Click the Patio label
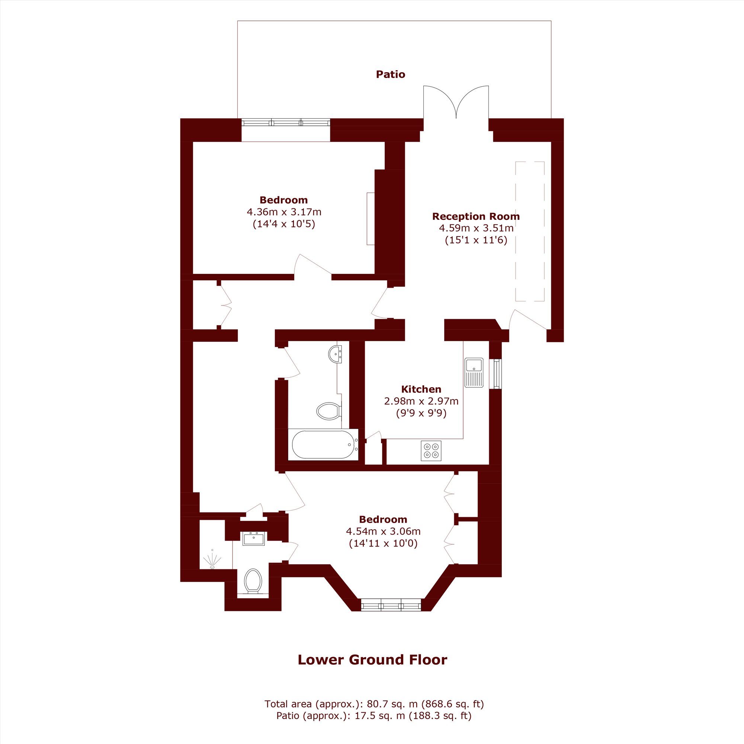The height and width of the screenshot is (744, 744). (391, 74)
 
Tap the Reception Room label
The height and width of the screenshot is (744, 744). (476, 217)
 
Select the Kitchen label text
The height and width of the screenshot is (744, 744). (421, 389)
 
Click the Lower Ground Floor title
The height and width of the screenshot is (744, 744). (372, 660)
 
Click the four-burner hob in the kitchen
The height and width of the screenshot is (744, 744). (431, 451)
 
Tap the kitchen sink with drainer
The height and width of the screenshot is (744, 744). (474, 373)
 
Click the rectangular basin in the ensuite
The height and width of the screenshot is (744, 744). (254, 539)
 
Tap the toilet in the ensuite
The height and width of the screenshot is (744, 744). (253, 581)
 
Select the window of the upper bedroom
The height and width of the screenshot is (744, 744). (286, 123)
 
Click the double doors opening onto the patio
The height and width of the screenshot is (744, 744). (456, 102)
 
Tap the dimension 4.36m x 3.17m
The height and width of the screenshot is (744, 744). (284, 212)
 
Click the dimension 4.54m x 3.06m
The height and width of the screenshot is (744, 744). (383, 532)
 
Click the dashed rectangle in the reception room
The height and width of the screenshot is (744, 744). (530, 231)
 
